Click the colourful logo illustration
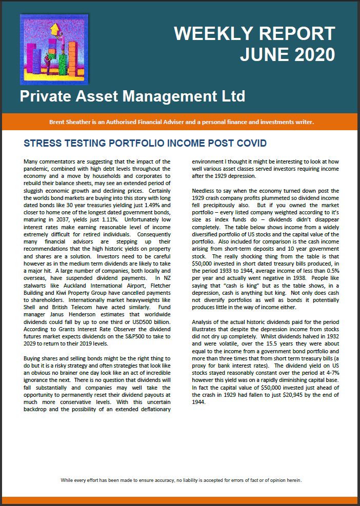pos(53,49)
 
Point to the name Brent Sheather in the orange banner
pos(70,122)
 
